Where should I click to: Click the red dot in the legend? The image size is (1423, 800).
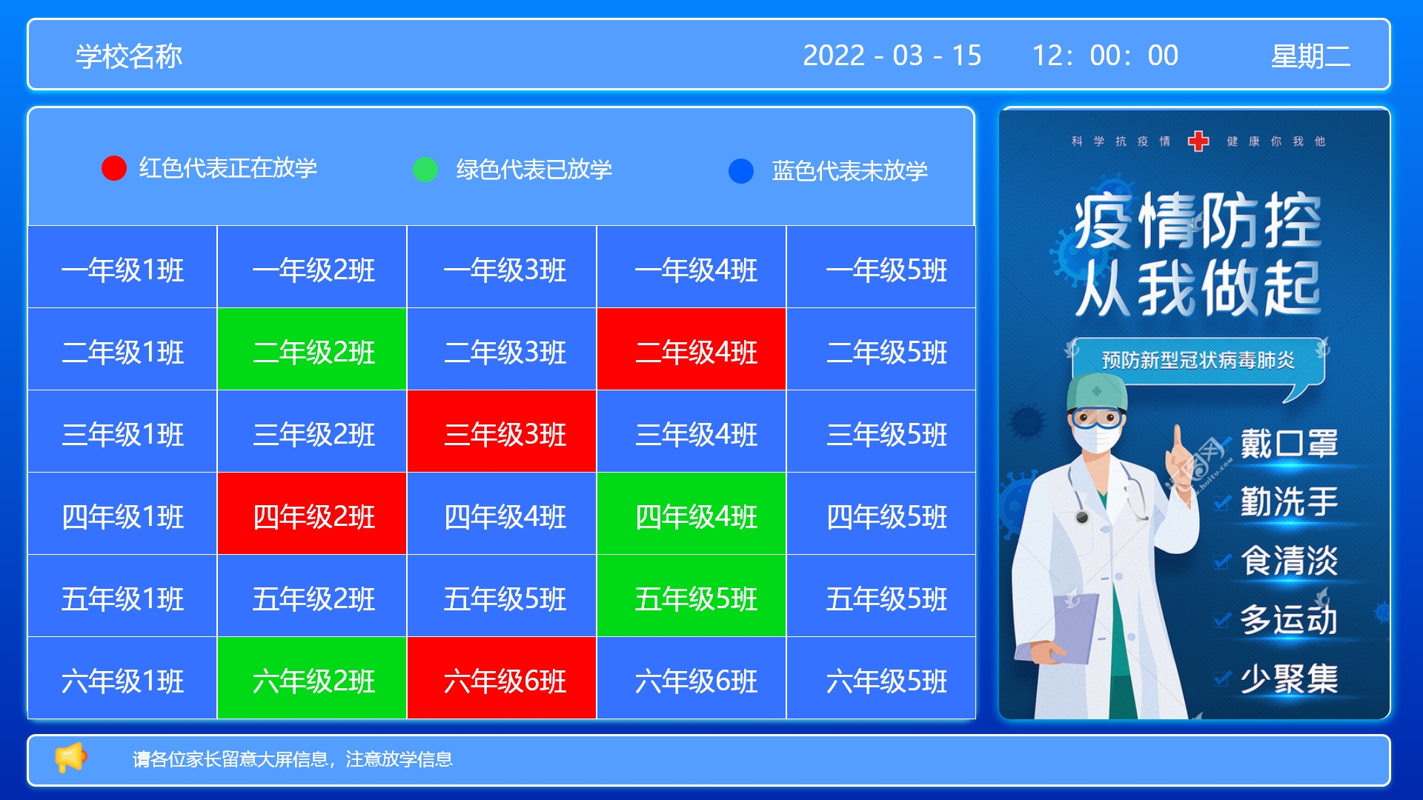(114, 168)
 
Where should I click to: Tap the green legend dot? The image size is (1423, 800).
(425, 170)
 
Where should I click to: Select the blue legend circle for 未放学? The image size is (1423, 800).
(741, 171)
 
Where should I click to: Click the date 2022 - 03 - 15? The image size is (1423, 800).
(892, 56)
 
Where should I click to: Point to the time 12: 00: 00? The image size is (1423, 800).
(1105, 56)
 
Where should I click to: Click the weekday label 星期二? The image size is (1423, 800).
(1310, 56)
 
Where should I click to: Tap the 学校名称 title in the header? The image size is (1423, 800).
(129, 56)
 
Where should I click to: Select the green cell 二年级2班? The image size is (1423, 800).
(312, 349)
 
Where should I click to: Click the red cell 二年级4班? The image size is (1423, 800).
(691, 349)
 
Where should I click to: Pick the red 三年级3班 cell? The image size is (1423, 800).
(502, 431)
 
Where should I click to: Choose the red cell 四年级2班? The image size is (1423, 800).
(312, 513)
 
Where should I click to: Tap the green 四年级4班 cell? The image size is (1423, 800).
(691, 513)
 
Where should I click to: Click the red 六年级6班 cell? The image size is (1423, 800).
(502, 678)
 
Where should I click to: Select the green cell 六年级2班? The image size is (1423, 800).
(312, 678)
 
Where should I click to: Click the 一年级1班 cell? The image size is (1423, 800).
(122, 267)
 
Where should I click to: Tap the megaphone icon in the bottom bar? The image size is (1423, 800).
(71, 758)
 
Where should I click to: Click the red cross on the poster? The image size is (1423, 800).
(1198, 141)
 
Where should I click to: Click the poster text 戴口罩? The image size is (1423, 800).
(1290, 444)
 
